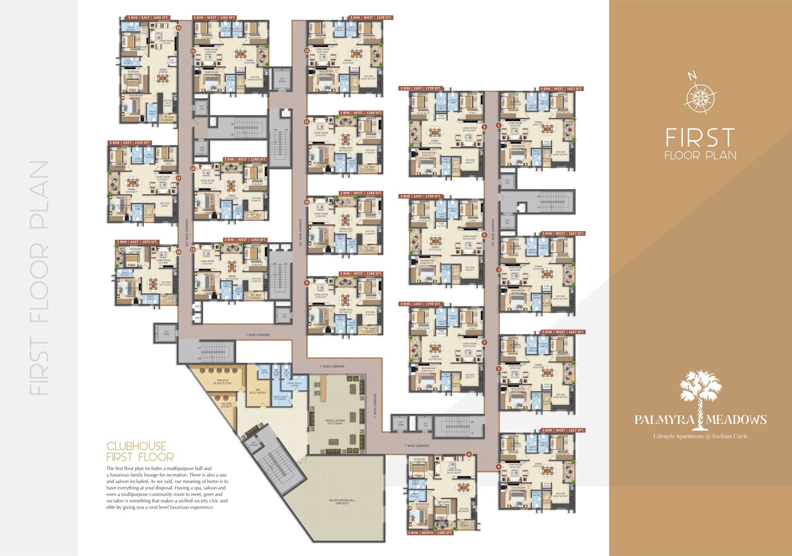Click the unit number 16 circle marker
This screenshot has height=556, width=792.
[179, 28]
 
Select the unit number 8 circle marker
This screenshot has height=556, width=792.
[469, 454]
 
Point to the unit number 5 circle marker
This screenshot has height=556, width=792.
[484, 127]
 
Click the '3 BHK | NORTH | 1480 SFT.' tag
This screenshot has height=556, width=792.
[430, 533]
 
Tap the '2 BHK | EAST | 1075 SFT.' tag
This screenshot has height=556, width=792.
[137, 242]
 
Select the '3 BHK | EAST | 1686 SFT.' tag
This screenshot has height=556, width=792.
[148, 18]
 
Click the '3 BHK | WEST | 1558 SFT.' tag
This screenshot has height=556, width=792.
[371, 18]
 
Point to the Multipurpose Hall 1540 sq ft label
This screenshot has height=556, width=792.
[342, 502]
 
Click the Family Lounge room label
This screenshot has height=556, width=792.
[335, 422]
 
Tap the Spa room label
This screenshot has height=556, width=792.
[258, 391]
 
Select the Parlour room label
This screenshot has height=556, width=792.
[223, 381]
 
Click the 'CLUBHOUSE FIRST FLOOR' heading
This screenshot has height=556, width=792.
[140, 452]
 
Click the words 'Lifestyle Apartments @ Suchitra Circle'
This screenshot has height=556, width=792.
[700, 436]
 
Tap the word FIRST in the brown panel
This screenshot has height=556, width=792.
[700, 138]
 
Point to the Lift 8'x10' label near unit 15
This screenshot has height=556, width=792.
[282, 80]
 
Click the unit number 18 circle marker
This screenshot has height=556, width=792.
[179, 252]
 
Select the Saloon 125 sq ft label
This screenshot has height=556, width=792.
[227, 405]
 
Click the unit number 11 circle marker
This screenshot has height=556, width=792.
[307, 122]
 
